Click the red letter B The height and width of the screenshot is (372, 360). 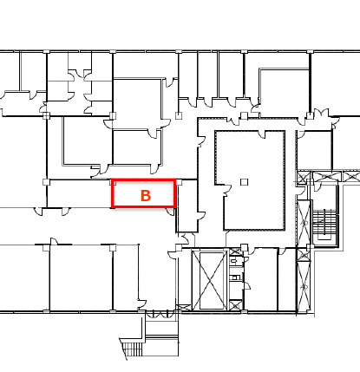146,196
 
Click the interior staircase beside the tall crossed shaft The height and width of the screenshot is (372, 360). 325,222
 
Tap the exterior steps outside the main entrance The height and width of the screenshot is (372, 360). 133,349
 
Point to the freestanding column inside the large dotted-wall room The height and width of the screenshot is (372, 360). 245,182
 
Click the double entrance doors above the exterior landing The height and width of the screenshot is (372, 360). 160,314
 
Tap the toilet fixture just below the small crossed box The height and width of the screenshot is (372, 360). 235,261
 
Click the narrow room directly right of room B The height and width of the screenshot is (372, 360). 187,206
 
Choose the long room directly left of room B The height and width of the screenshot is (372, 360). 79,193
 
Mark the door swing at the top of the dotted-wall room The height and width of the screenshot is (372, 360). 262,134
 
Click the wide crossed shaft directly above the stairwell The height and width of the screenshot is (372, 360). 327,176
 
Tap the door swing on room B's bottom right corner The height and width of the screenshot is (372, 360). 170,212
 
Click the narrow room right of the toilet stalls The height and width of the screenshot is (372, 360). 261,279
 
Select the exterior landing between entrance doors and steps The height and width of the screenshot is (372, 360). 161,326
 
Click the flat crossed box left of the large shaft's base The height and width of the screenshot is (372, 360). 183,308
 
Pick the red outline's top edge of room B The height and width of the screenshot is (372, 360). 144,180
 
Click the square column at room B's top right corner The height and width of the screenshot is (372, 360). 180,182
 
